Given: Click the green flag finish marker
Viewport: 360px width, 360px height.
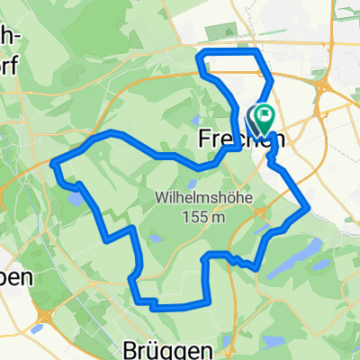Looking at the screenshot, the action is (265, 116).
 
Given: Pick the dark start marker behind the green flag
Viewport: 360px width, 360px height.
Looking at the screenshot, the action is (254, 120).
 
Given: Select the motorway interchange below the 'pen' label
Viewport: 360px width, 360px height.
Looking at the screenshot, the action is (42, 317).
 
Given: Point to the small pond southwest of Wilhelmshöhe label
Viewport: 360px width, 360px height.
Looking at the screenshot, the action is (154, 239).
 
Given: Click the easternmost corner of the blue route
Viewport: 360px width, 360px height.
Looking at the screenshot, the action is (309, 207).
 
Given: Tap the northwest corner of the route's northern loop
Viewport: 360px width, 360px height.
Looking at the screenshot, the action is (199, 56).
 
